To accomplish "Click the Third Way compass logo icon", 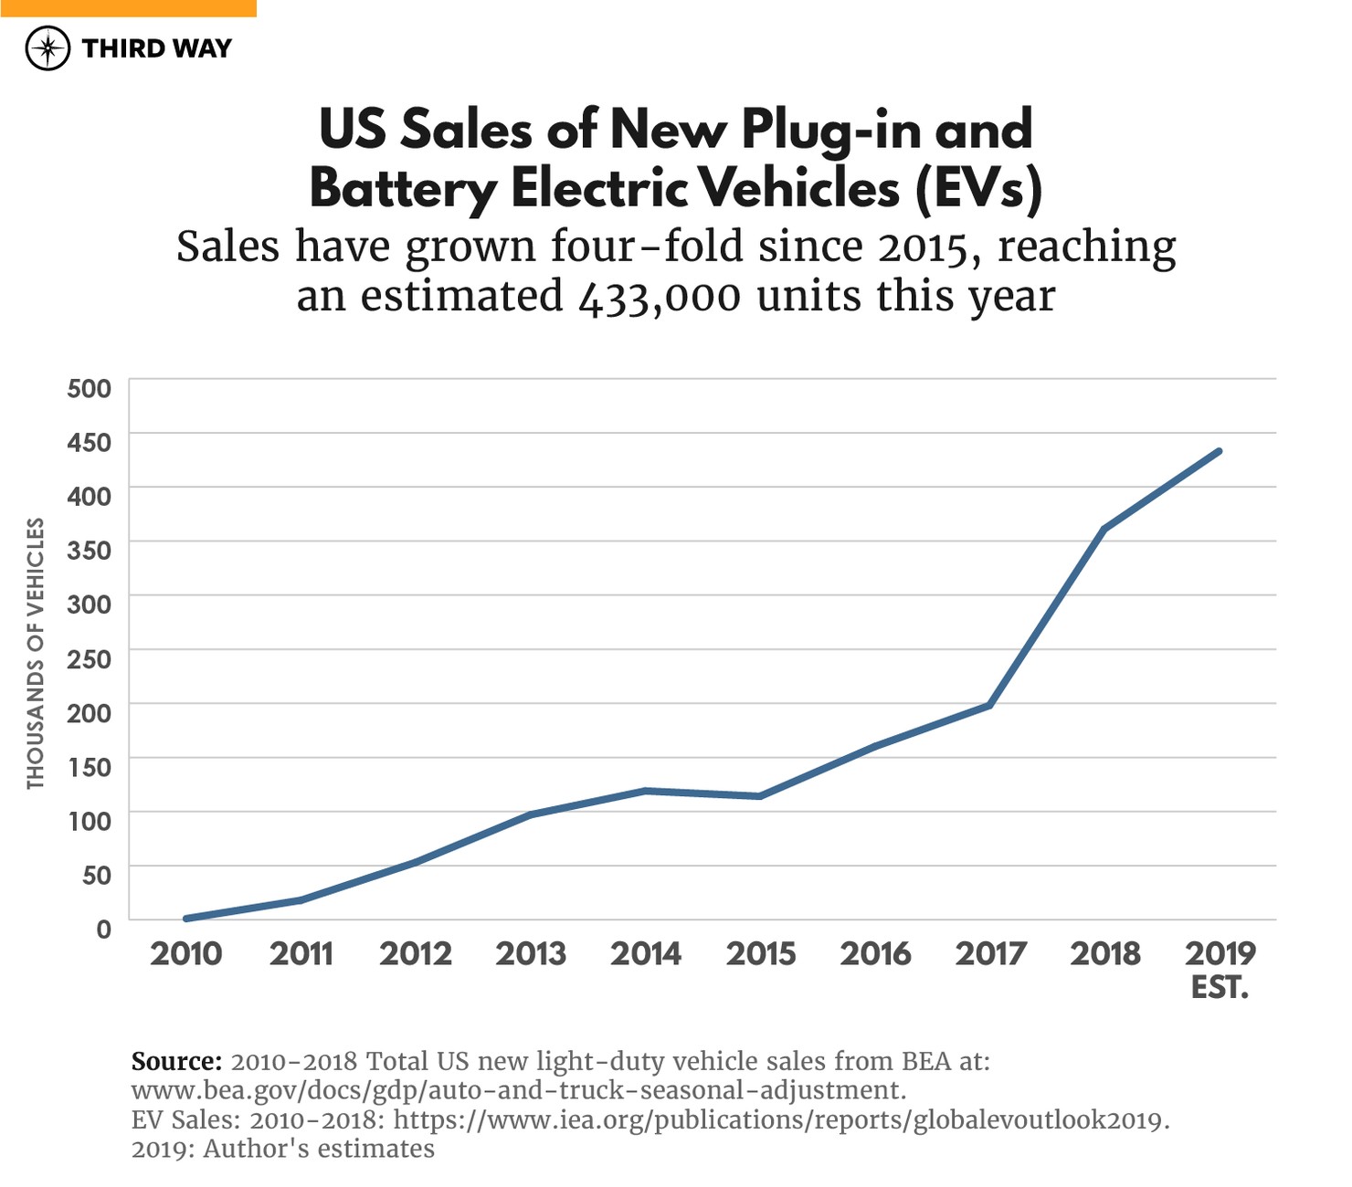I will coord(48,48).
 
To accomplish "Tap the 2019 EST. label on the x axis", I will coord(1220,969).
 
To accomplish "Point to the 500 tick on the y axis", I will coord(90,388).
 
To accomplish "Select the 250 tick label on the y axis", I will coord(90,658).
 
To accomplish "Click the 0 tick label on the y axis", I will coord(103,929).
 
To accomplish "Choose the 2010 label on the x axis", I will coord(186,954).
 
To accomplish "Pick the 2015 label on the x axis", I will coord(761,954).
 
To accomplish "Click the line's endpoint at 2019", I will coord(1219,451).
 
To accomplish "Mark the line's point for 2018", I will coord(1104,530).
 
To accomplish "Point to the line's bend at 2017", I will coord(989,705).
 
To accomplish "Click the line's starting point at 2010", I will coord(186,919).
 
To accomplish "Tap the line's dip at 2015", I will coord(760,796).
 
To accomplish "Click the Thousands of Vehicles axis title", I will coord(36,653).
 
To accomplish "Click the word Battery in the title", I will coord(403,189).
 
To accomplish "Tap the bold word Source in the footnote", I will coord(176,1061).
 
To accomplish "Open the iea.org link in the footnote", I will coord(781,1119).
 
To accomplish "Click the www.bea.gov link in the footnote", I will coord(519,1090).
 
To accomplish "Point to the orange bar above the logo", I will coord(128,8).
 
